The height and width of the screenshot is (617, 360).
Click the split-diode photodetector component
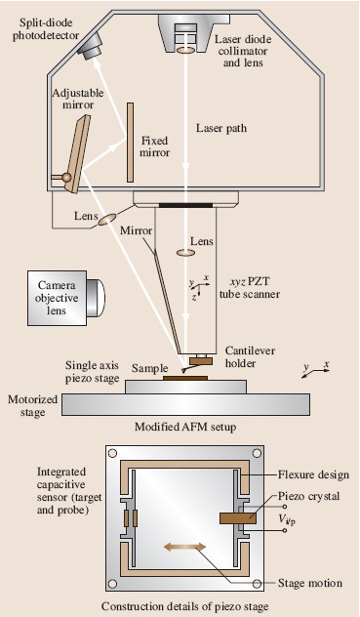point(90,46)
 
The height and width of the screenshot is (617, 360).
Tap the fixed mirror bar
point(130,143)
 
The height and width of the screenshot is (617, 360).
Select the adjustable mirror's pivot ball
point(66,178)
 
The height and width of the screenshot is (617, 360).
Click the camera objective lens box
point(66,298)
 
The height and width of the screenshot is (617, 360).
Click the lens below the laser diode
point(185,50)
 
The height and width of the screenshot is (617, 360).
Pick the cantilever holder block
point(201,360)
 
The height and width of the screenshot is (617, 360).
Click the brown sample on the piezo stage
point(185,378)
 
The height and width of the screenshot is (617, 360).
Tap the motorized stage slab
point(185,404)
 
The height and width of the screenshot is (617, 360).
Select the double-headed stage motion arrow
point(184,547)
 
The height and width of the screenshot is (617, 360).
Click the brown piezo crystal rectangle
point(238,518)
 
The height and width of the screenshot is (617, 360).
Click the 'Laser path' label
point(221,128)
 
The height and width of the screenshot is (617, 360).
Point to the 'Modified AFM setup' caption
point(185,427)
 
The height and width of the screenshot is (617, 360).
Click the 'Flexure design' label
point(313,474)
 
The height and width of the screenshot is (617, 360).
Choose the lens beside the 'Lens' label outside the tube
point(107,220)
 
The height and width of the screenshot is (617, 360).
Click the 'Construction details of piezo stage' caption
point(185,606)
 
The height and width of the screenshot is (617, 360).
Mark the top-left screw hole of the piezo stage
point(112,453)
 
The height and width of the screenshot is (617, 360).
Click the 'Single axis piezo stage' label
point(92,372)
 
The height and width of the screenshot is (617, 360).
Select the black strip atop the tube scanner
point(185,205)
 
